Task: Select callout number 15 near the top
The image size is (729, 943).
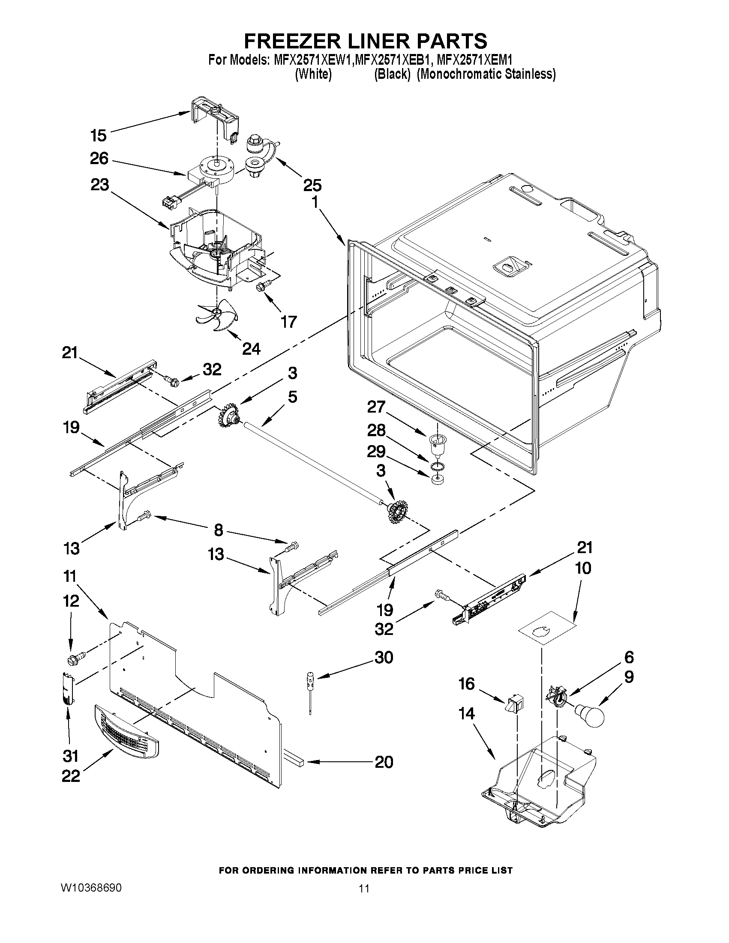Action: click(x=99, y=135)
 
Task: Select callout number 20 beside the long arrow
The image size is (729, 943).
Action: click(x=384, y=762)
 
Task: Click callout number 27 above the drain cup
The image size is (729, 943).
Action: click(x=376, y=406)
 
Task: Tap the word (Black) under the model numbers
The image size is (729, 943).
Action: click(x=391, y=74)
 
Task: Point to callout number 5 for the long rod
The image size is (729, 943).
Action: click(x=292, y=397)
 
